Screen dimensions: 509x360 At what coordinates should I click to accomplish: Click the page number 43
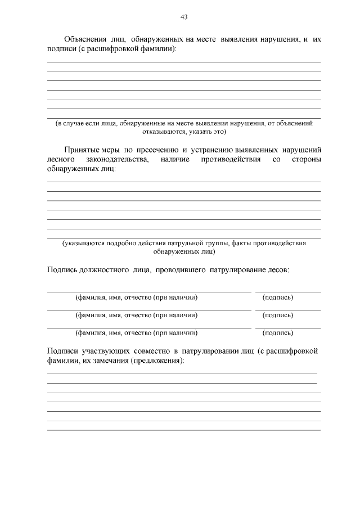pyautogui.click(x=183, y=17)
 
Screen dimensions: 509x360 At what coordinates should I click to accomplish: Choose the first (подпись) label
pyautogui.click(x=277, y=297)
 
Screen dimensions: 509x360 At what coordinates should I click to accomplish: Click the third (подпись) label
pyautogui.click(x=277, y=332)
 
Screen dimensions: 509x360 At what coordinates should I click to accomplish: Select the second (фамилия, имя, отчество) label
pyautogui.click(x=136, y=314)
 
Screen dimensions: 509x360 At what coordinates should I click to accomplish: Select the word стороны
pyautogui.click(x=307, y=160)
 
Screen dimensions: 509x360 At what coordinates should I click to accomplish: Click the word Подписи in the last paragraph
pyautogui.click(x=62, y=352)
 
